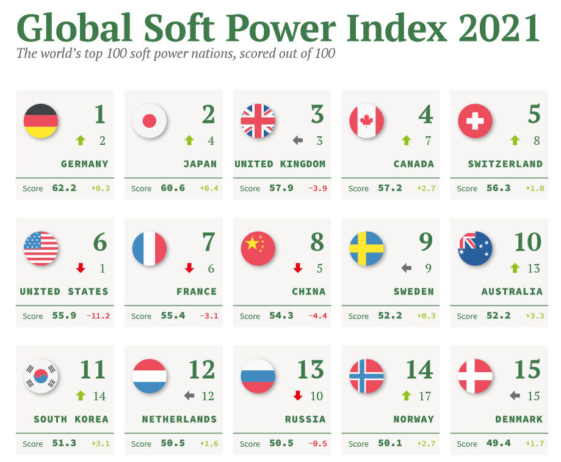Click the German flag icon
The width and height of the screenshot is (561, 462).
click(x=41, y=121)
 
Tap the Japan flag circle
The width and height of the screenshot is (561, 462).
click(x=150, y=121)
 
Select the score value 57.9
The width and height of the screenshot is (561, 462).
click(x=281, y=188)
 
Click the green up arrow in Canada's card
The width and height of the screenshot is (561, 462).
click(x=407, y=141)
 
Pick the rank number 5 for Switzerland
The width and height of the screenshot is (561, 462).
click(x=534, y=114)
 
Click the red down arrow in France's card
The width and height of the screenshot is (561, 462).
click(x=189, y=268)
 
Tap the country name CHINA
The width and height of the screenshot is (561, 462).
click(x=309, y=291)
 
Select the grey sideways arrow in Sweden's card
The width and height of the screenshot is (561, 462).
click(x=407, y=268)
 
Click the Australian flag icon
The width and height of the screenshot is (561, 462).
click(x=476, y=249)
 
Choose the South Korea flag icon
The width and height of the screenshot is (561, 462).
click(x=41, y=376)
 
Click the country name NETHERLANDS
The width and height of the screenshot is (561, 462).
click(x=179, y=419)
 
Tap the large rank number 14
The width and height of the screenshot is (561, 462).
click(x=419, y=370)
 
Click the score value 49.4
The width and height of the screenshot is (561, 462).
click(x=498, y=443)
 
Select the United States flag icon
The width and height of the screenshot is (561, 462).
click(x=41, y=249)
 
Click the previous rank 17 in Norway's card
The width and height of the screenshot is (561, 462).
click(x=425, y=396)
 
